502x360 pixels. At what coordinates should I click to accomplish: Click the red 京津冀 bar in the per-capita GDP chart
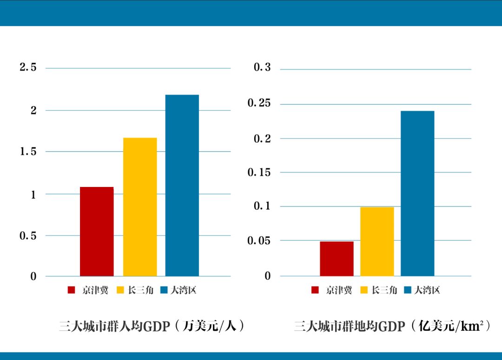coord(97,232)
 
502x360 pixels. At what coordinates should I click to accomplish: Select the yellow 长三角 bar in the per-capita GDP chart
coord(140,207)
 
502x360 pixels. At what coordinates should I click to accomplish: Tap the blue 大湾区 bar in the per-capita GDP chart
coord(182,186)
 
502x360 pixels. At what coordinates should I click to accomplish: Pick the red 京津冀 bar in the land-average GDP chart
coord(337,259)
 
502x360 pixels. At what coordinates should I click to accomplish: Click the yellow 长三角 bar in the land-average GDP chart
coord(377,241)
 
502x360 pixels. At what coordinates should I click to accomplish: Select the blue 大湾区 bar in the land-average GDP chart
coord(417,193)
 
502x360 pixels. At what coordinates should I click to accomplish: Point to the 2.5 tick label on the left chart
coord(28,68)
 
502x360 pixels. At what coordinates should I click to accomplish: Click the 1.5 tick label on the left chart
coord(28,152)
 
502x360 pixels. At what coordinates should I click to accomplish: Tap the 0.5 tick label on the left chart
coord(28,236)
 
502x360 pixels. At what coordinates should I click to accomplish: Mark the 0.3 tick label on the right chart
coord(262,68)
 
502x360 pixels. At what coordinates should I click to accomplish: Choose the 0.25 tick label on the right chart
coord(259,103)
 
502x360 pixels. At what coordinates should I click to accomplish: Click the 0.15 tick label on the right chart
coord(259,173)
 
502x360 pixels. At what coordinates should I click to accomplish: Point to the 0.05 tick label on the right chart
coord(259,241)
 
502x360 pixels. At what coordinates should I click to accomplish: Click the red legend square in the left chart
coord(72,290)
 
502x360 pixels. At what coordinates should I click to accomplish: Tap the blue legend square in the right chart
coord(408,290)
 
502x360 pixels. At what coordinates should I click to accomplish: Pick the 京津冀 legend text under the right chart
coord(339,290)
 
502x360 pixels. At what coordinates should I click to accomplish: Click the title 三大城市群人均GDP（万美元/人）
coord(152,326)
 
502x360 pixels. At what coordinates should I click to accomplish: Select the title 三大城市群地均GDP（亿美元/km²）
coord(392,326)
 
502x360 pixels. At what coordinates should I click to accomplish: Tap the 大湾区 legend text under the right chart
coord(427,290)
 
